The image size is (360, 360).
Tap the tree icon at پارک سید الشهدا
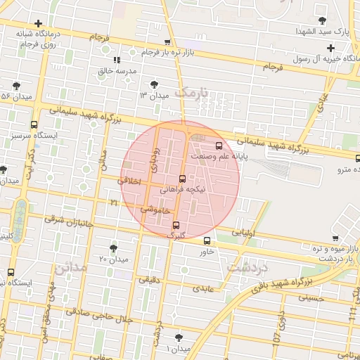tap(323, 20)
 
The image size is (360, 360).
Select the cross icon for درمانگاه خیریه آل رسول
tap(330, 48)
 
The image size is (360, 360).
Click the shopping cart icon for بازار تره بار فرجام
tap(167, 43)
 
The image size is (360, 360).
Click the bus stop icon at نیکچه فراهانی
tap(183, 179)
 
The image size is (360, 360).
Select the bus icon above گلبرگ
tap(175, 225)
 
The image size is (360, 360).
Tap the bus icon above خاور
tap(206, 241)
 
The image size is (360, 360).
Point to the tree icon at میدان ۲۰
tap(114, 247)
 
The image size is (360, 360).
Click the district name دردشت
tap(248, 266)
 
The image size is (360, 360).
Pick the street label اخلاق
tap(131, 181)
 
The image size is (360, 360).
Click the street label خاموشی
tap(155, 209)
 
